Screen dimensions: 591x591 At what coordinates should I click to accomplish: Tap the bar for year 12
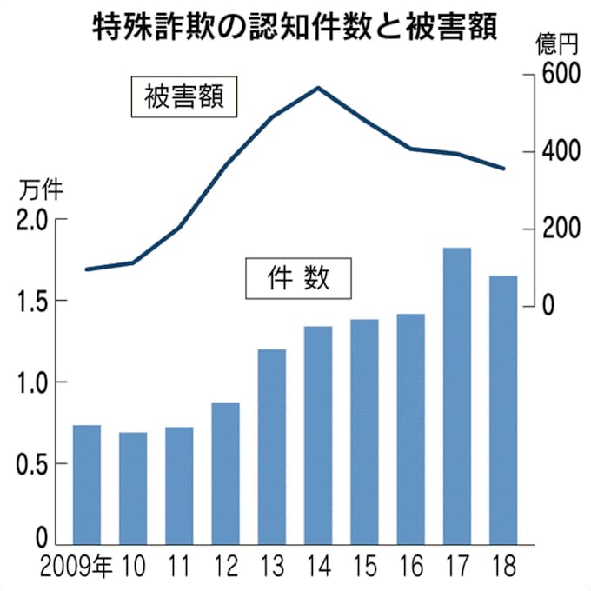225,474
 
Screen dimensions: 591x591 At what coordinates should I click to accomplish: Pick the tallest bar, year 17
456,395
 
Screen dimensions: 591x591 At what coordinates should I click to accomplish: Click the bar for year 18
503,409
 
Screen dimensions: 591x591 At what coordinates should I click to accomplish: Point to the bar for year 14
318,435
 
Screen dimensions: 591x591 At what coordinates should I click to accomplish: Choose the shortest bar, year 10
133,487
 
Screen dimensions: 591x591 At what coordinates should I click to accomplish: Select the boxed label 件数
298,278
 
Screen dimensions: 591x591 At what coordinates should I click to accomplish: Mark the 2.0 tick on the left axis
33,220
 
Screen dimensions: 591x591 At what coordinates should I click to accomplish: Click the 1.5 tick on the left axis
33,302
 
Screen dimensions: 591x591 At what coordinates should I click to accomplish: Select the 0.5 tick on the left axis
33,463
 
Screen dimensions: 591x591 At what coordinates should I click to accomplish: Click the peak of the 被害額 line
318,88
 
